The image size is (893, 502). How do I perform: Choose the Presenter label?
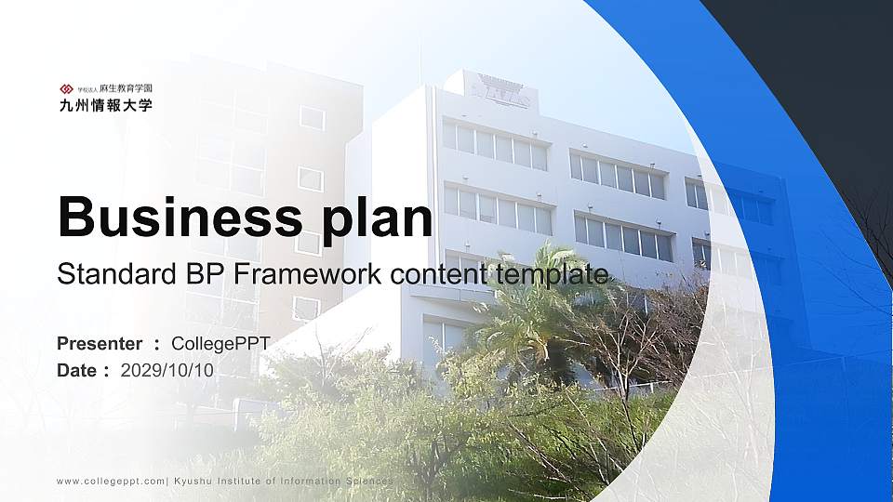(x=100, y=344)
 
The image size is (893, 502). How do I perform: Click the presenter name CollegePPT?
(x=220, y=344)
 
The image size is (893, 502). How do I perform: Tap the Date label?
(x=77, y=370)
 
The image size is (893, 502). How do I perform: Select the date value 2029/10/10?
(x=167, y=370)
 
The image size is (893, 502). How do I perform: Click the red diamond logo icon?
(x=66, y=89)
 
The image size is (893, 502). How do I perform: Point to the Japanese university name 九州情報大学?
(x=105, y=105)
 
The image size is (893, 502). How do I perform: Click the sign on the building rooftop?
(x=500, y=91)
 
